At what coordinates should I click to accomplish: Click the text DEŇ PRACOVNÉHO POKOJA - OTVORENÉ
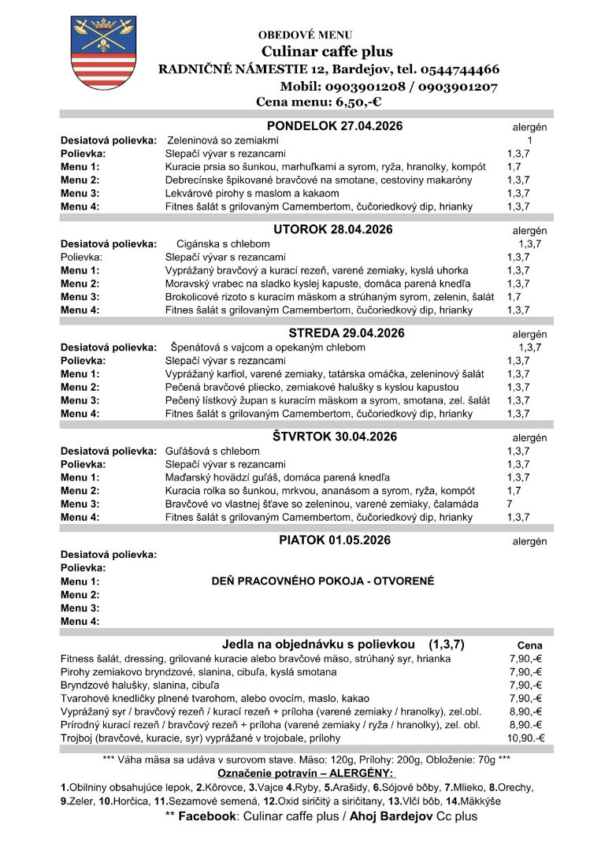coord(323,582)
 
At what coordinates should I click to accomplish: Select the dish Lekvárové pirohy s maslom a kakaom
coord(252,193)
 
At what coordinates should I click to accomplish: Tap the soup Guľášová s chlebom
coord(212,451)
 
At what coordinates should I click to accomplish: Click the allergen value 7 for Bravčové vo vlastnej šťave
coord(510,504)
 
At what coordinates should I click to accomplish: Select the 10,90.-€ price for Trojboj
coord(526,738)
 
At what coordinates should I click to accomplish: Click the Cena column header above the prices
coord(529,645)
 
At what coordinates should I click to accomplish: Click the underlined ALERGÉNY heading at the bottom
coord(365,775)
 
